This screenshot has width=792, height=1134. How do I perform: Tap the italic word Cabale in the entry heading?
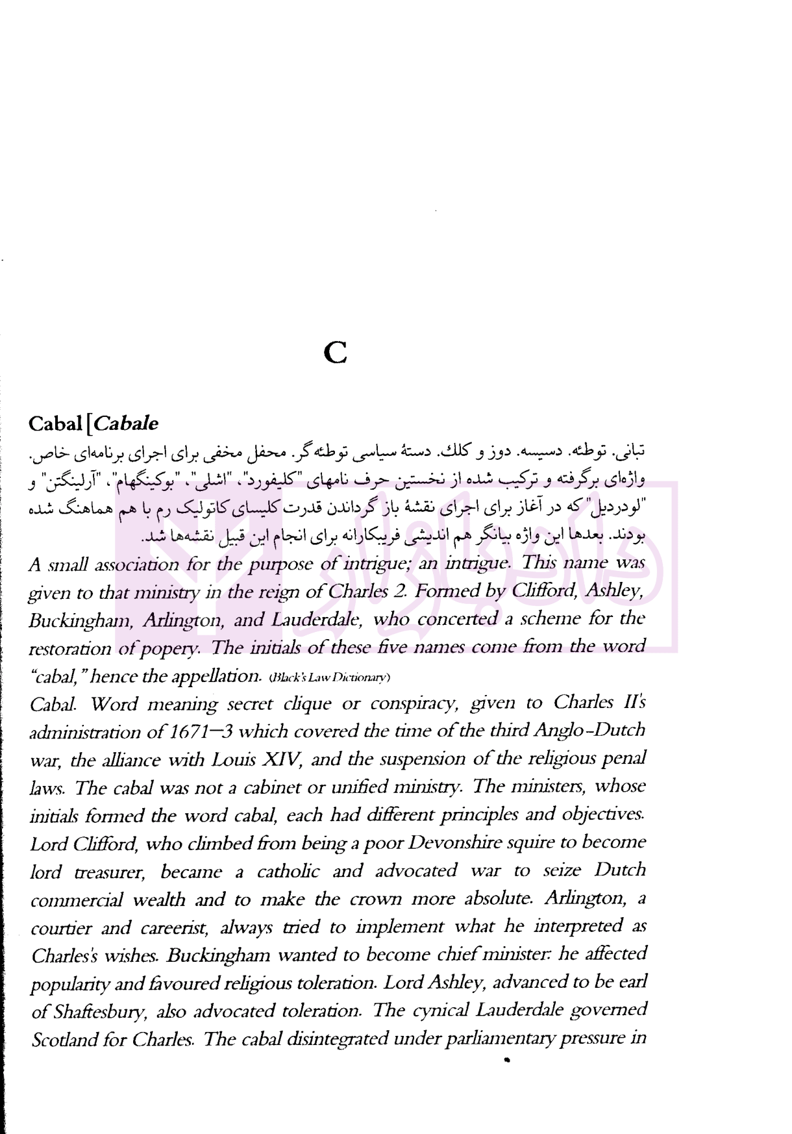[x=126, y=424]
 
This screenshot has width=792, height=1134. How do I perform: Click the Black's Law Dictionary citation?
[x=329, y=677]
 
